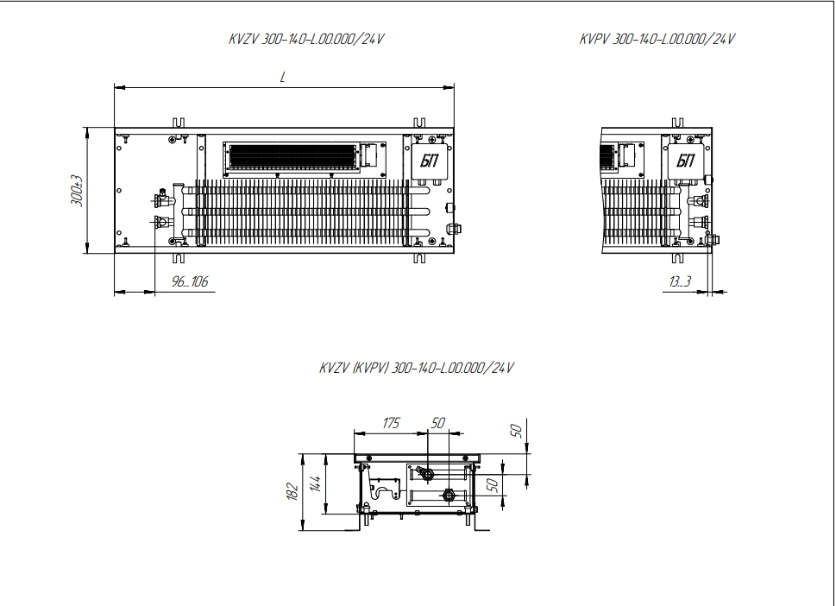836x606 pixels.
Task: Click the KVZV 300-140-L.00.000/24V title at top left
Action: click(x=306, y=39)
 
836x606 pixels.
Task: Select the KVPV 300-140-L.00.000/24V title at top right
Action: click(x=657, y=39)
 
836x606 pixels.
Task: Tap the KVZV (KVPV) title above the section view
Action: click(x=417, y=368)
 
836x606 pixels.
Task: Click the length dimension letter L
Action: click(x=283, y=78)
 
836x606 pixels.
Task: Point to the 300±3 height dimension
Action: click(x=78, y=191)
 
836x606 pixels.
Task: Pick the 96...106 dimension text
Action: click(x=189, y=281)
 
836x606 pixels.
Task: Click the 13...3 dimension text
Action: click(x=681, y=281)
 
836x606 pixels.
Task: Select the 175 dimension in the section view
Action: click(x=391, y=423)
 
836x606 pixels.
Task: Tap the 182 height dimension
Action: click(x=292, y=491)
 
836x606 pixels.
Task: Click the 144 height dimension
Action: click(x=316, y=483)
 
